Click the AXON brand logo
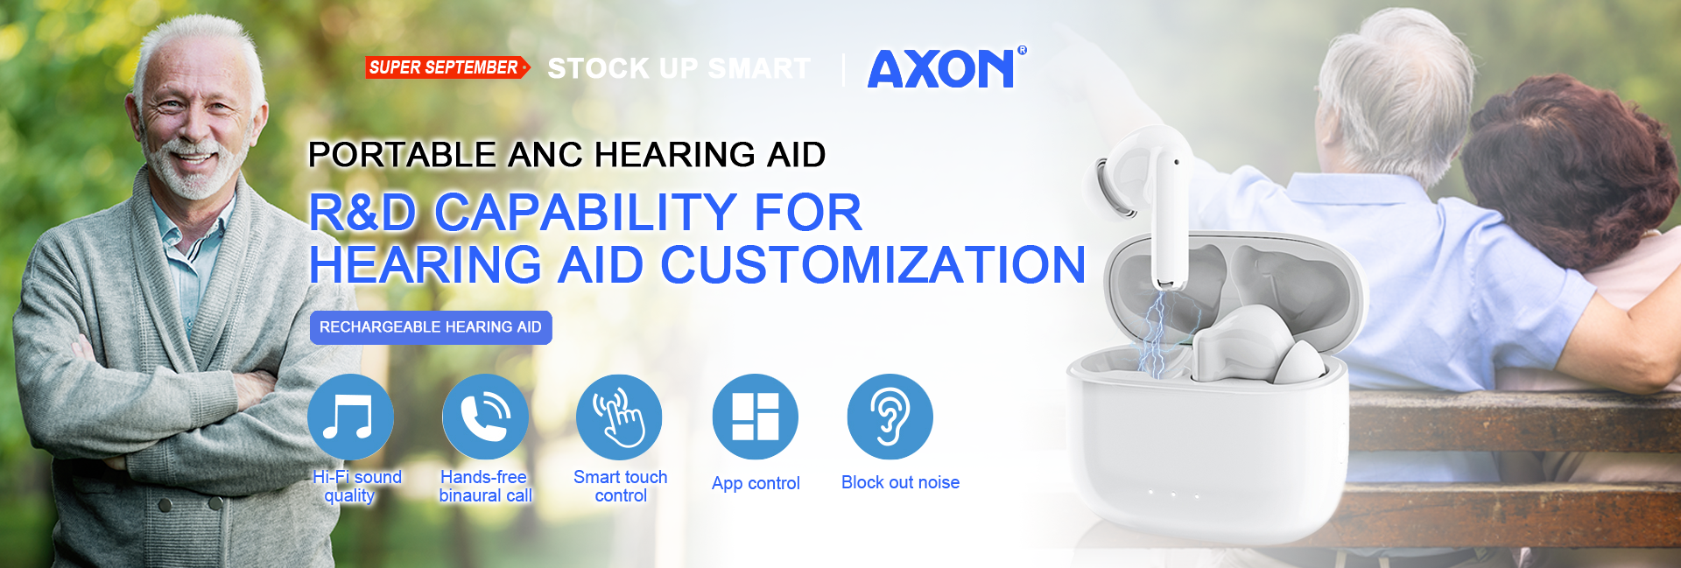pyautogui.click(x=942, y=69)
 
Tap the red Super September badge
pyautogui.click(x=447, y=67)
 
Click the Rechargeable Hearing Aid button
pyautogui.click(x=431, y=327)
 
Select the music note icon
pyautogui.click(x=350, y=417)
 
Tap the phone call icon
pyautogui.click(x=485, y=417)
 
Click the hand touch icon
pyautogui.click(x=619, y=417)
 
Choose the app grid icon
pyautogui.click(x=756, y=417)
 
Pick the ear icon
pyautogui.click(x=890, y=417)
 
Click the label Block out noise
pyautogui.click(x=900, y=482)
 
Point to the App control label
pyautogui.click(x=756, y=483)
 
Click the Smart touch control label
pyautogui.click(x=621, y=486)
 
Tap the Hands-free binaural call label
pyautogui.click(x=485, y=486)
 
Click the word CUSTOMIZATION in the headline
pyautogui.click(x=873, y=264)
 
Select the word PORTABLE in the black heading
pyautogui.click(x=403, y=155)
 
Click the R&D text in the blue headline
pyautogui.click(x=362, y=213)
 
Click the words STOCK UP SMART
pyautogui.click(x=679, y=68)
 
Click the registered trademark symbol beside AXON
pyautogui.click(x=1022, y=51)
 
